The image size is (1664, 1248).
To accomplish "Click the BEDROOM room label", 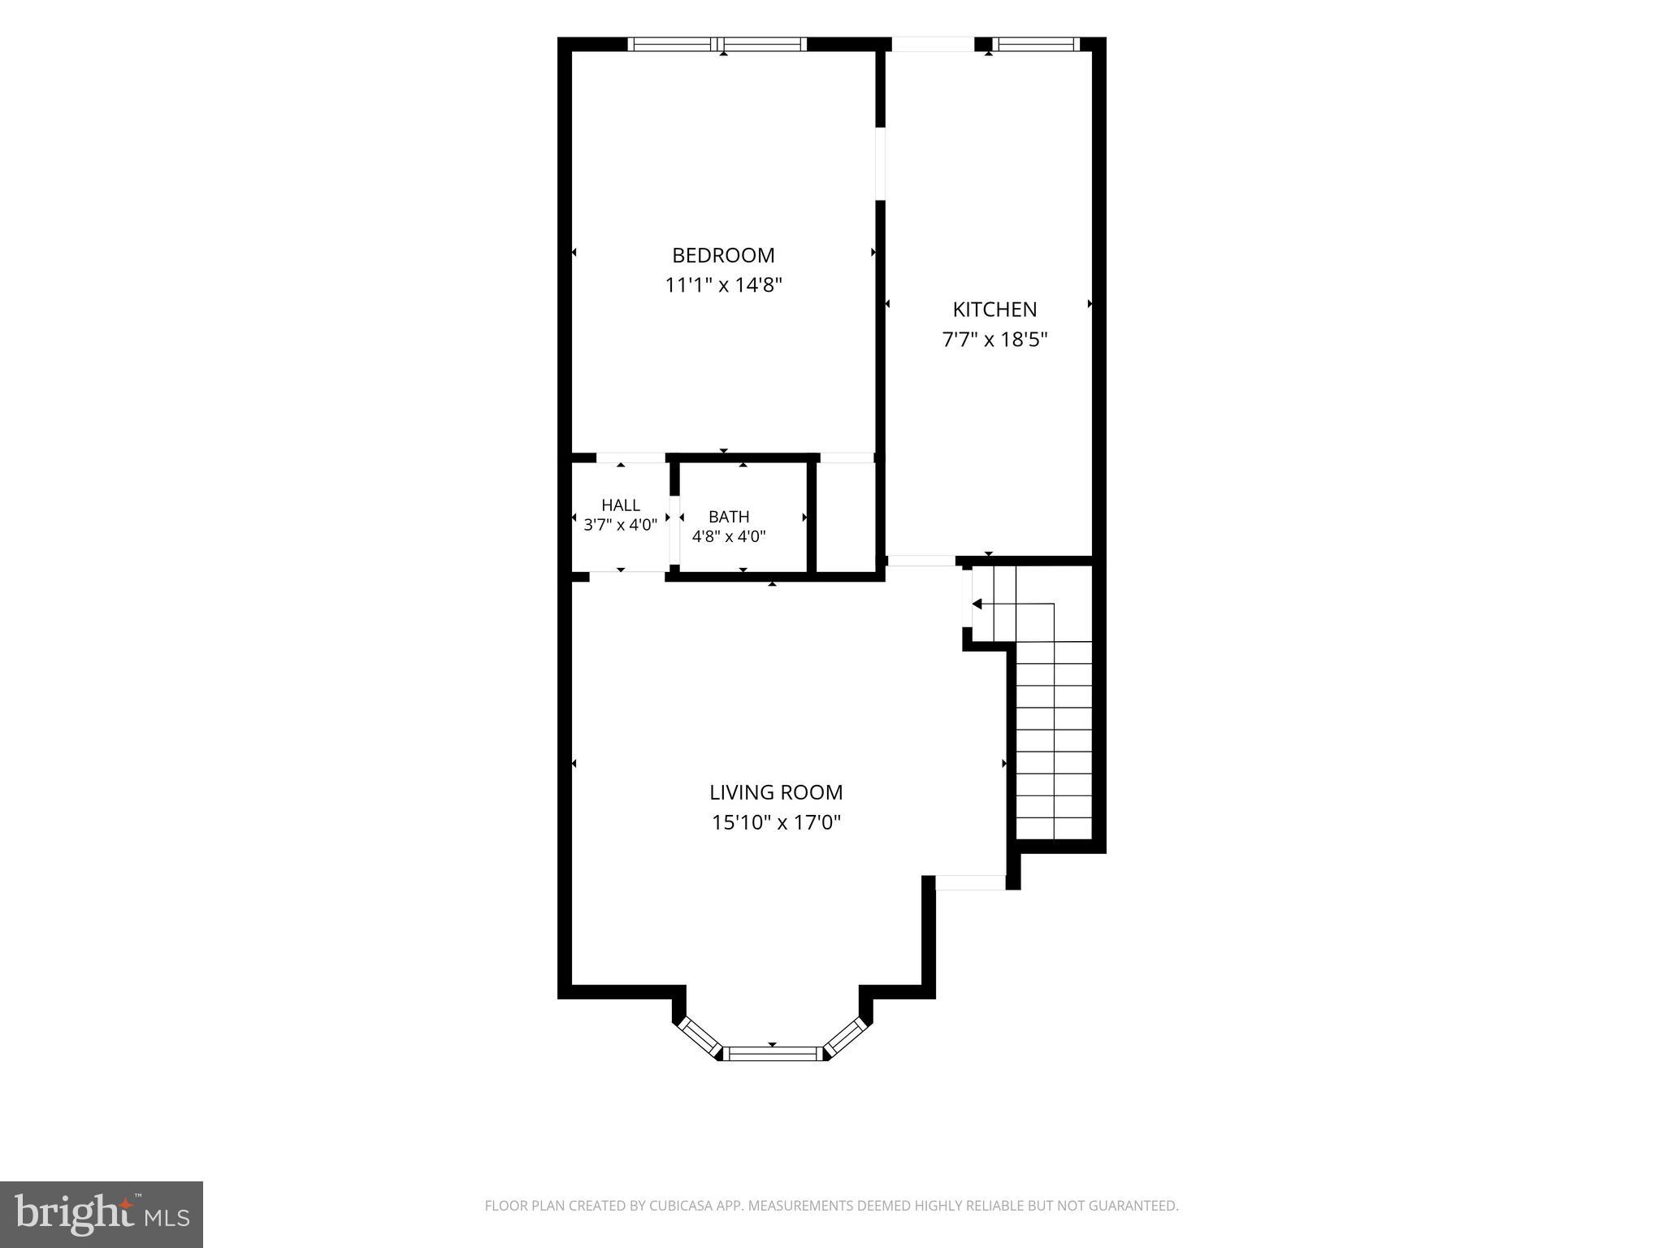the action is click(x=723, y=255).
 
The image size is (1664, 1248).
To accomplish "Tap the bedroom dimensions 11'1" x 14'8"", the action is click(x=723, y=285).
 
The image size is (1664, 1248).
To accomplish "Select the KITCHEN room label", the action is click(x=994, y=310).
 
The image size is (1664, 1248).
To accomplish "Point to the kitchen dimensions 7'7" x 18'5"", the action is click(x=994, y=340).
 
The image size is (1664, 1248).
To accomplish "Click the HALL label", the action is click(x=621, y=505).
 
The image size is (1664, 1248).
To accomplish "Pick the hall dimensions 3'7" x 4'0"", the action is click(x=621, y=525).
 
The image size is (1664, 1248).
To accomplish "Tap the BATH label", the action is click(x=729, y=517).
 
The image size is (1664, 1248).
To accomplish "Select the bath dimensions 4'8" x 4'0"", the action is click(x=729, y=536).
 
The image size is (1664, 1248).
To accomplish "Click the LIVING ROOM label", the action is click(x=776, y=792).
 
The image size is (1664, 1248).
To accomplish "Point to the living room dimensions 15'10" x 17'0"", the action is click(x=776, y=822).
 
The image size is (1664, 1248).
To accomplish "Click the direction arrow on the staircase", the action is click(x=977, y=604).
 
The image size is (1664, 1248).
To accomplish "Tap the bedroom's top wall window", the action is click(x=718, y=44).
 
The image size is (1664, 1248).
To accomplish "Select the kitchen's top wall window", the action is click(x=1036, y=44).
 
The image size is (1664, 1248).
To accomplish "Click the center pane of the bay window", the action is click(x=773, y=1054).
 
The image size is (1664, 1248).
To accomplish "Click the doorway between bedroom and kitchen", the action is click(x=880, y=163).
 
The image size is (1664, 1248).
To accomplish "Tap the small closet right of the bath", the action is click(x=845, y=516).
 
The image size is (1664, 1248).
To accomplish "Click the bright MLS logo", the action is click(x=102, y=1214).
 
